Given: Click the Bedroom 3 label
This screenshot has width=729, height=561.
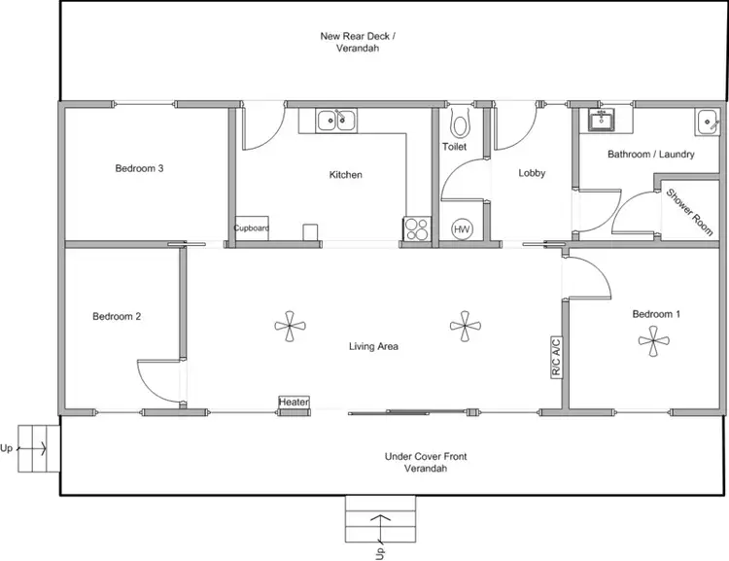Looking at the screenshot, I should click(139, 168).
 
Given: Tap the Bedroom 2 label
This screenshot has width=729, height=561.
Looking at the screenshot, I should click(118, 316).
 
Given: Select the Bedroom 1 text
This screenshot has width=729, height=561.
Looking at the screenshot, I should click(656, 314).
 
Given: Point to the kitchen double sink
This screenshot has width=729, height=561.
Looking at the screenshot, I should click(335, 121).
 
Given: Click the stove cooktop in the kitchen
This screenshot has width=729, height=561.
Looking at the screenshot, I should click(416, 228).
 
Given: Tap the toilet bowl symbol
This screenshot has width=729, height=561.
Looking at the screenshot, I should click(460, 123).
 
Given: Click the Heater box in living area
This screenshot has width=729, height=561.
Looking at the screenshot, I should click(294, 402).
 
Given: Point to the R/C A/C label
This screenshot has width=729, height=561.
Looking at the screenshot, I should click(557, 356).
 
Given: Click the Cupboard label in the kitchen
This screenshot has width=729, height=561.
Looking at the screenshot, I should click(251, 228).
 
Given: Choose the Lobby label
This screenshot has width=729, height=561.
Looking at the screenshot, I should click(532, 174).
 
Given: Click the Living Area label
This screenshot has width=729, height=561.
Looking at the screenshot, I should click(374, 346).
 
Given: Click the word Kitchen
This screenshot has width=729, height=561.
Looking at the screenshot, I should click(345, 175).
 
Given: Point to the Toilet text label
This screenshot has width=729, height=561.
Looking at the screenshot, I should click(454, 147).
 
